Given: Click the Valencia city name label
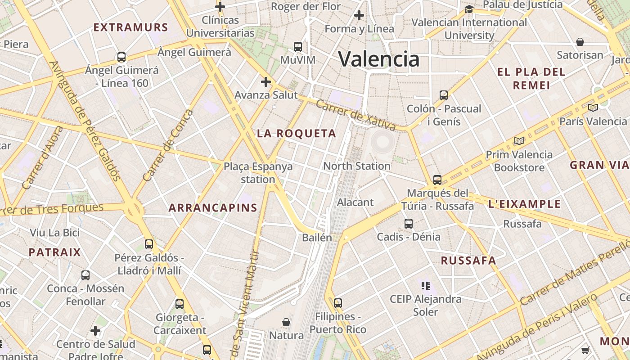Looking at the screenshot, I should [x=378, y=59].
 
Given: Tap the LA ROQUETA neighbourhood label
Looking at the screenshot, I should [x=297, y=133].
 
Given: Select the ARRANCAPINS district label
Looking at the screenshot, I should [x=213, y=207].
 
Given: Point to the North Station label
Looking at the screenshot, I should [x=357, y=166].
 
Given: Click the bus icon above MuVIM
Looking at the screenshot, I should [x=298, y=46].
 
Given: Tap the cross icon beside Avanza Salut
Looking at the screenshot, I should [x=266, y=82].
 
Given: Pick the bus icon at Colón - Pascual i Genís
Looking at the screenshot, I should [x=444, y=95].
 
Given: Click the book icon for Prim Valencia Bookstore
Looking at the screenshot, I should [x=519, y=141].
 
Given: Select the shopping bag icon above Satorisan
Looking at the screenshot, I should [x=580, y=42].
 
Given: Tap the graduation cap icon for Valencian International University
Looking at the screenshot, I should [x=469, y=9].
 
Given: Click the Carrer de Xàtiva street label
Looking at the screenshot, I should [x=355, y=115].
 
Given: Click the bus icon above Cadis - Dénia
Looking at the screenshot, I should [x=409, y=223].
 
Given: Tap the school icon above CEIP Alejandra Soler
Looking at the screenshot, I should [x=426, y=285].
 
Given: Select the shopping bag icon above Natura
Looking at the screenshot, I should [x=286, y=322].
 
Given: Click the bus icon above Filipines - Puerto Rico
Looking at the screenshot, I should [x=338, y=303].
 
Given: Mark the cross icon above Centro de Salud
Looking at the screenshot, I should [x=95, y=331].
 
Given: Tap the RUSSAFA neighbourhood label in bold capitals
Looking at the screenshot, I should [x=468, y=261].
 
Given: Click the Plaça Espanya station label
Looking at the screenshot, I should [x=258, y=173].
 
